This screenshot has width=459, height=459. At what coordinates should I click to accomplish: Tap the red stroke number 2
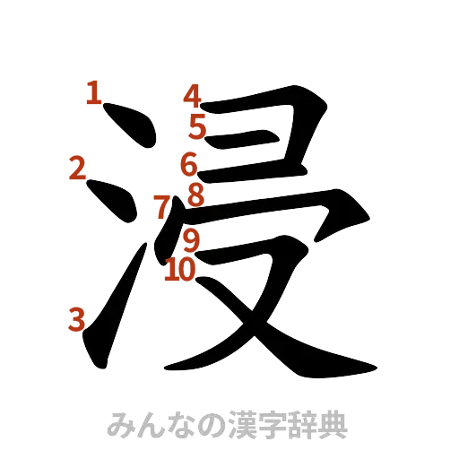77,168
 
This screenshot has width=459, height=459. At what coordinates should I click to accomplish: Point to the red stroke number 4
194,94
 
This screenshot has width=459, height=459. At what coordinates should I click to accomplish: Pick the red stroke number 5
198,127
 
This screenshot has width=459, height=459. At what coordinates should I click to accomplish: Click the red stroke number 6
189,165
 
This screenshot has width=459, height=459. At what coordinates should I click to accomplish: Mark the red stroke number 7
160,206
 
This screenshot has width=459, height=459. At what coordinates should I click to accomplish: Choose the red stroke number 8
196,195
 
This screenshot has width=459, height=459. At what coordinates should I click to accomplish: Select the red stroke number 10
179,268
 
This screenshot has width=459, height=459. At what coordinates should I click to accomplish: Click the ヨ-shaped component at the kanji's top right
269,134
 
